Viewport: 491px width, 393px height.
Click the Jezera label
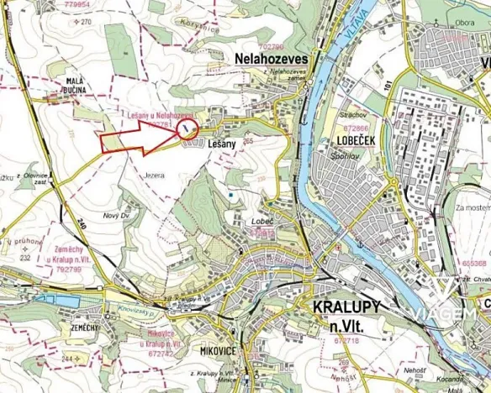(x=154, y=176)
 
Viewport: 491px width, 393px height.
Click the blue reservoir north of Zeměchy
(x=52, y=298)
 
